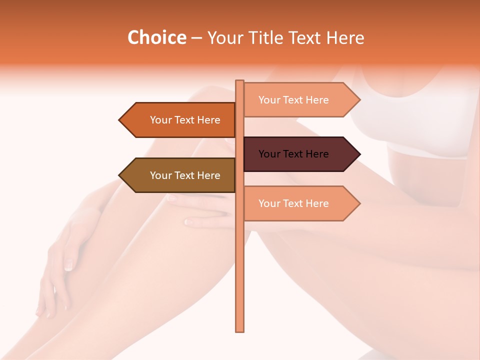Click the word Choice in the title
156,38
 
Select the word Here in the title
345,38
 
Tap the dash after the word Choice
196,38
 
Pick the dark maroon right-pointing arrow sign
300,154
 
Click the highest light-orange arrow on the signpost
300,99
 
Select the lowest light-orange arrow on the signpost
300,203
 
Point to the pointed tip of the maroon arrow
358,154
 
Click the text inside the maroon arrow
293,154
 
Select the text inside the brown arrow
185,175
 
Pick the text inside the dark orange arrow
185,120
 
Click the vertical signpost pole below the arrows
240,280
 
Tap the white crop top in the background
415,120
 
